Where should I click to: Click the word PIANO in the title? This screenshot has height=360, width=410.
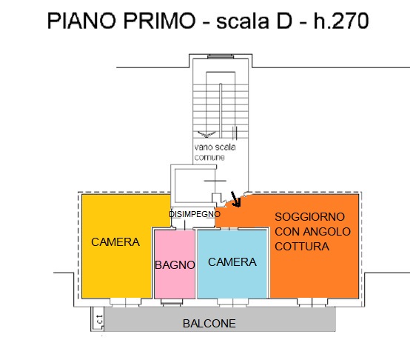[x=81, y=21]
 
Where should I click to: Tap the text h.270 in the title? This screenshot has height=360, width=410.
[x=341, y=21]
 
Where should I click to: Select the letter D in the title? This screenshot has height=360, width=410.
[x=283, y=21]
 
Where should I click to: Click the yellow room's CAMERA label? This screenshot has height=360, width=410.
[x=115, y=242]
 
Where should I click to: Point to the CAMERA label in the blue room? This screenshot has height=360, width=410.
[x=232, y=262]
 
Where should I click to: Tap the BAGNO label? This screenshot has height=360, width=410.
[x=175, y=265]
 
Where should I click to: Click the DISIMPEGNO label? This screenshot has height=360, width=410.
[x=195, y=214]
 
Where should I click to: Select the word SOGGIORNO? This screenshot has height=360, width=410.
[x=309, y=216]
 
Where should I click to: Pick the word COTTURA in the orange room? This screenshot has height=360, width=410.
[x=302, y=247]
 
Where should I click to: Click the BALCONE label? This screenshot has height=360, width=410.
[x=209, y=324]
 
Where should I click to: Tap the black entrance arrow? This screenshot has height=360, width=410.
[x=236, y=199]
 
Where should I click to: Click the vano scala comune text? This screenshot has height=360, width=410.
[x=215, y=152]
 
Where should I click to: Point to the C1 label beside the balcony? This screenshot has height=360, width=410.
[x=100, y=319]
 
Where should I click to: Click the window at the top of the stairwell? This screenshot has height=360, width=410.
[x=220, y=56]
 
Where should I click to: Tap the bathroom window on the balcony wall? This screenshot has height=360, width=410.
[x=172, y=302]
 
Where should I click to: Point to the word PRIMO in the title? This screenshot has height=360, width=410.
[x=159, y=21]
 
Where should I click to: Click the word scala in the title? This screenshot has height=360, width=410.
[x=243, y=21]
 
